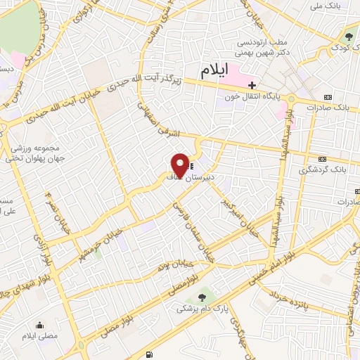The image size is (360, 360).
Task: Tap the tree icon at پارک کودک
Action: [349, 37]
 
